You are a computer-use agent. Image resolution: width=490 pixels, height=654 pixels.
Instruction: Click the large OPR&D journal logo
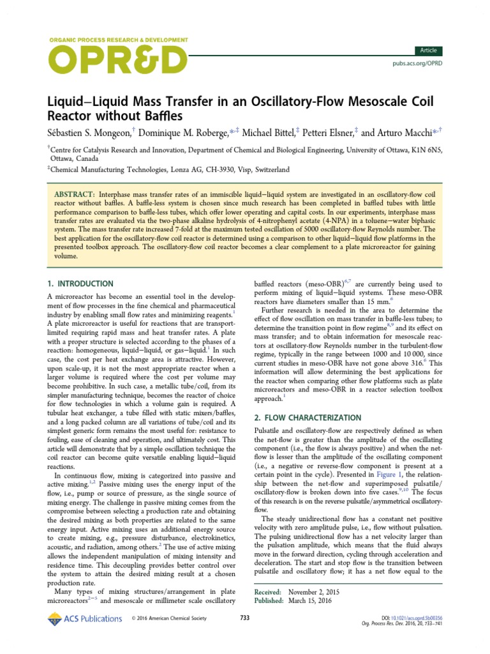pyautogui.click(x=118, y=61)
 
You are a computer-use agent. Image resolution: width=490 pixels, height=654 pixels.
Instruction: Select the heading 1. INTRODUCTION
pyautogui.click(x=81, y=284)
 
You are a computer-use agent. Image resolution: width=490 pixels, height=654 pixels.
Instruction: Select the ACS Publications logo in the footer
pyautogui.click(x=84, y=618)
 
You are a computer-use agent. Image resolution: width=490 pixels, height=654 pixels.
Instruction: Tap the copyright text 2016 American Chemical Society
pyautogui.click(x=175, y=618)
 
